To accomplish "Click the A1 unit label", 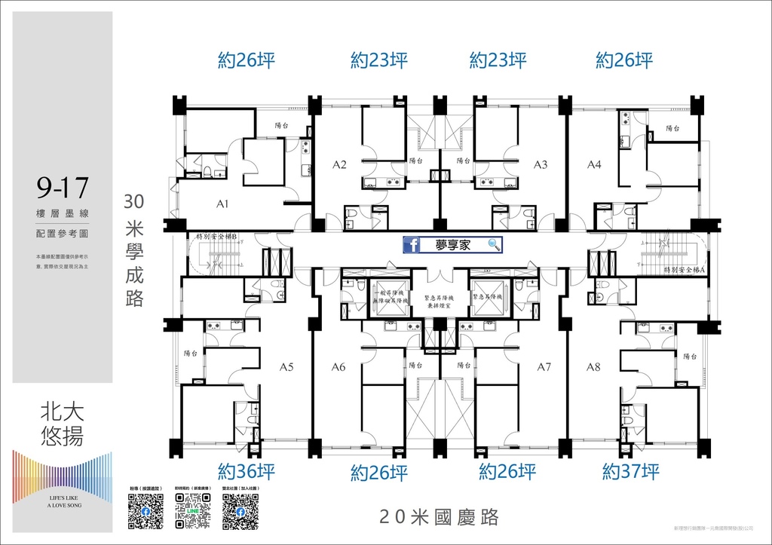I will coord(222,204).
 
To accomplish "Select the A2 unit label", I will coord(339,164).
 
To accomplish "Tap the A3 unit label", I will coord(541,164).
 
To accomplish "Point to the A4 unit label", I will coord(594,164).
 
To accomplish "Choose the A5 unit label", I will coord(286,368).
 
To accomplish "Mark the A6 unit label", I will coord(339,368).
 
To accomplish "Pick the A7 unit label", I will coord(544,368).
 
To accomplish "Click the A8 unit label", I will coord(594,368).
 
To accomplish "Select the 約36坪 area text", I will coord(247,472).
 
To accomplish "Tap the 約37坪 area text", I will coord(631,472).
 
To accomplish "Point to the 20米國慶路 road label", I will coord(440,517).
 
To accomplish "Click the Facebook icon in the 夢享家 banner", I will coord(413,244).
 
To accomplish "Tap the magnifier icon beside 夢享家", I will coord(495,244).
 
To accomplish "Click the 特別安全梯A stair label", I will coord(684,269).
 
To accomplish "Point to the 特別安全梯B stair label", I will coord(217,237).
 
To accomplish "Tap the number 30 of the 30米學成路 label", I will coord(134,201).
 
